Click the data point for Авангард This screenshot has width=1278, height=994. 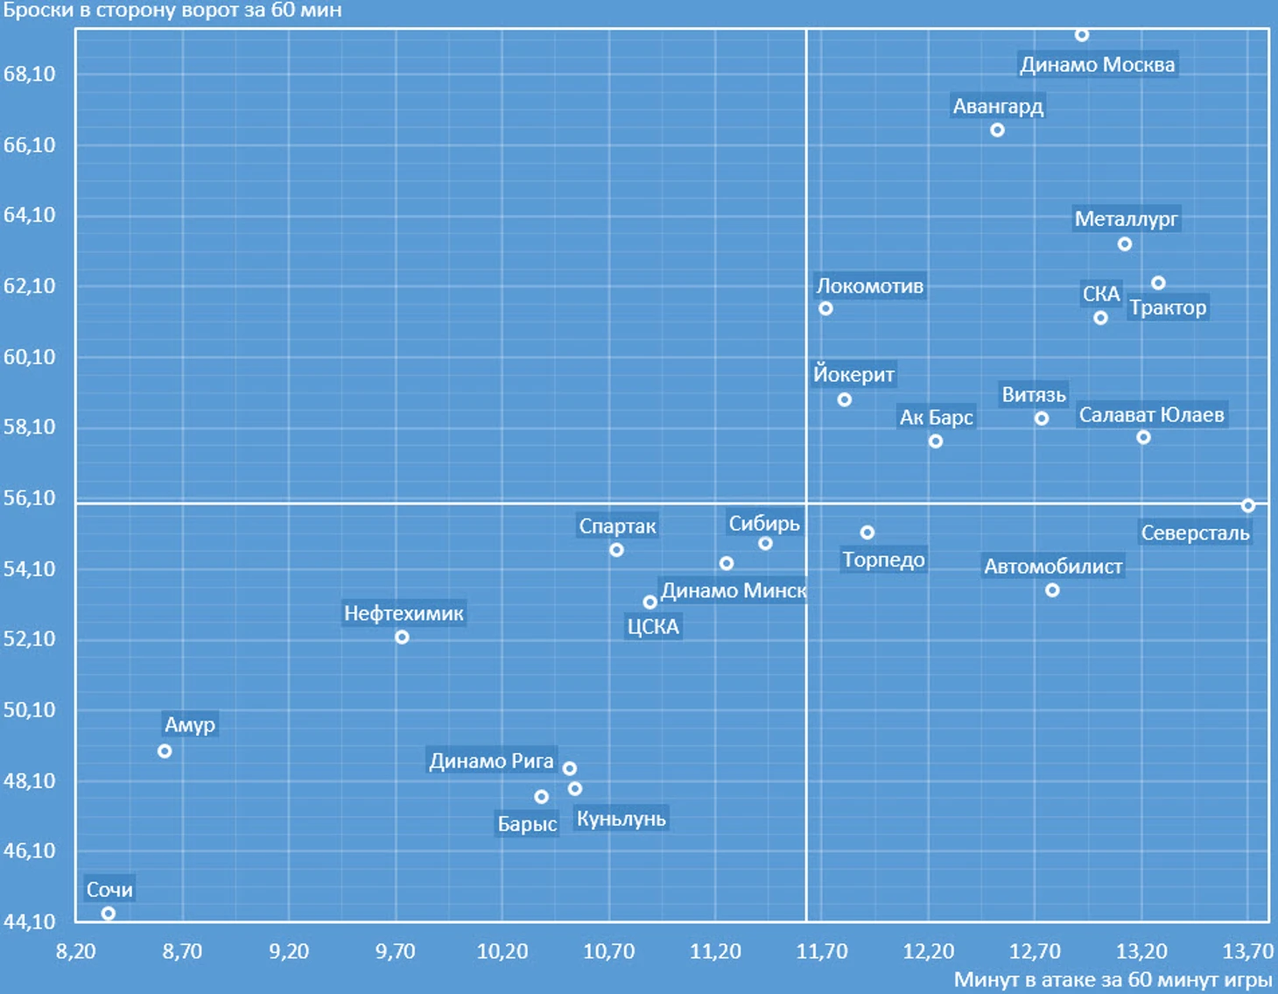[997, 130]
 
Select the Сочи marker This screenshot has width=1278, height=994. [109, 913]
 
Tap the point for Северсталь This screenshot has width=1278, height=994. [1248, 505]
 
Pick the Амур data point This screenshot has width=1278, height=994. [165, 751]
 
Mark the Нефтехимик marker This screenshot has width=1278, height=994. [402, 638]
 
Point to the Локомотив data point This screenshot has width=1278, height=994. [825, 308]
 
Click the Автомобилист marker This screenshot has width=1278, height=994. [1052, 590]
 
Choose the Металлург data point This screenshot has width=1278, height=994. [1125, 244]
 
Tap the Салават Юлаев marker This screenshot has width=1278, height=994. [1143, 437]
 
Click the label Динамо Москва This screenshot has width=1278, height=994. [1098, 65]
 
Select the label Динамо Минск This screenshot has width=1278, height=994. [734, 591]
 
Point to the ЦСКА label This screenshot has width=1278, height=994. [653, 627]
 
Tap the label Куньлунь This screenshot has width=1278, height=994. [621, 819]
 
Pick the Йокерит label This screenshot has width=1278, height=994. [853, 375]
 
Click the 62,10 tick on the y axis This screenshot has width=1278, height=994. [30, 286]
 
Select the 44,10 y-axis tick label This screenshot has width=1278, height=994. [30, 921]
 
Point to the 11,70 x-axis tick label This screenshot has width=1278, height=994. [822, 951]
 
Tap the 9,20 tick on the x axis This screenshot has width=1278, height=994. [289, 951]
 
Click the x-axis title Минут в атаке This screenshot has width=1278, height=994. [1113, 979]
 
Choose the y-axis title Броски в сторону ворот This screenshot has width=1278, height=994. [172, 11]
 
